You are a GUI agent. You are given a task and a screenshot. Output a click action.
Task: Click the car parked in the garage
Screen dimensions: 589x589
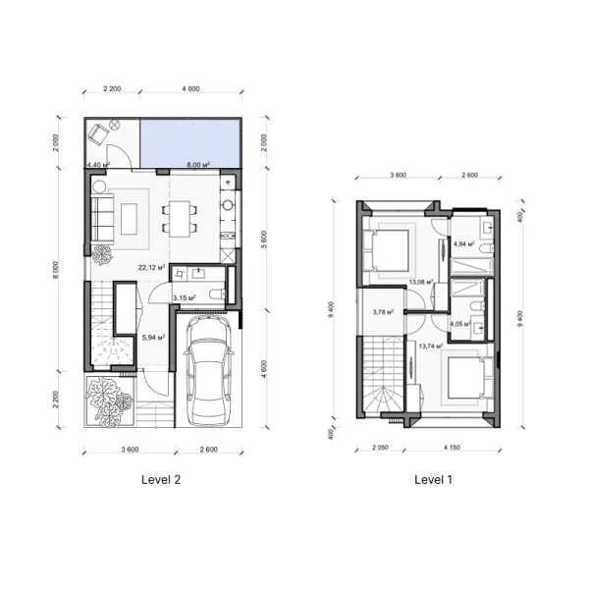pyautogui.click(x=207, y=374)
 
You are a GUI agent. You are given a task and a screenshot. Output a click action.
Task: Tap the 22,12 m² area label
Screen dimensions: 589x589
pyautogui.click(x=150, y=266)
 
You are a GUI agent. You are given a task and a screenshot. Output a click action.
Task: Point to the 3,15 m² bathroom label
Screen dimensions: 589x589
pyautogui.click(x=185, y=297)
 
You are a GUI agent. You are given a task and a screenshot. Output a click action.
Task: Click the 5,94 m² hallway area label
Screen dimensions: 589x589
pyautogui.click(x=153, y=337)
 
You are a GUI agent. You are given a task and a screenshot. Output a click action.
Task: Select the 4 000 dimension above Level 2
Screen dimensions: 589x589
pyautogui.click(x=190, y=89)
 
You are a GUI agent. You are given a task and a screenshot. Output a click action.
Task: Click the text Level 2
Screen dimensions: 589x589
pyautogui.click(x=160, y=480)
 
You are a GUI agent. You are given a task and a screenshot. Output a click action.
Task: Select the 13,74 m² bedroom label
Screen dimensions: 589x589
pyautogui.click(x=429, y=346)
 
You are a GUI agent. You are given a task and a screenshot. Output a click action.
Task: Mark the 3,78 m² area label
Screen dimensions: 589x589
pyautogui.click(x=383, y=312)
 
